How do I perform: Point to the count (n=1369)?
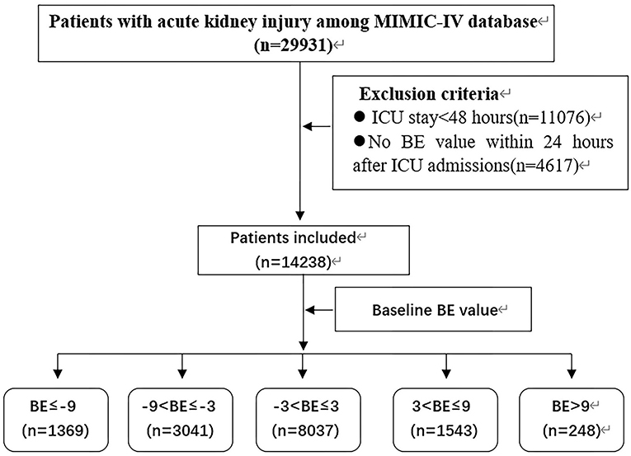coord(56,430)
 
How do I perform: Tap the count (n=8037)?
coord(305,430)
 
